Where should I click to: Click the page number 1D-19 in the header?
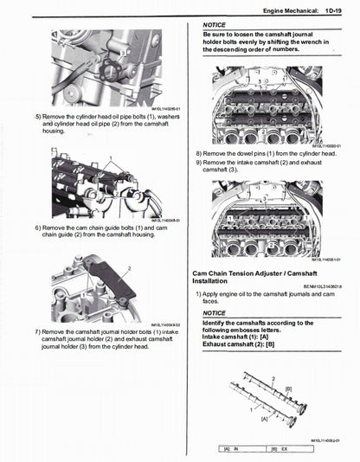pos(338,10)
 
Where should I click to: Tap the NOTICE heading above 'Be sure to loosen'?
pos(214,25)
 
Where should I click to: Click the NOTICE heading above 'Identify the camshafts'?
pos(214,313)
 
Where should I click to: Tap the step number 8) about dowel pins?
pos(199,152)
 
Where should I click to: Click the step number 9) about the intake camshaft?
pos(199,162)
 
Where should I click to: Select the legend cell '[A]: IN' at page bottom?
pos(231,449)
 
